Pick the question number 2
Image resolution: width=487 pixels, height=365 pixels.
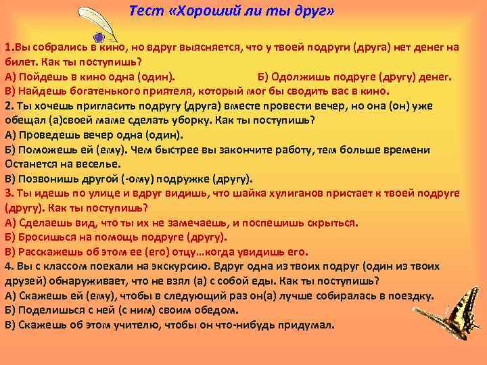click(x=8, y=106)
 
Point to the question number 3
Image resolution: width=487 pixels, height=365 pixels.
click(x=8, y=193)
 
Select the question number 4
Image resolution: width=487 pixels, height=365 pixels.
click(x=8, y=266)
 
